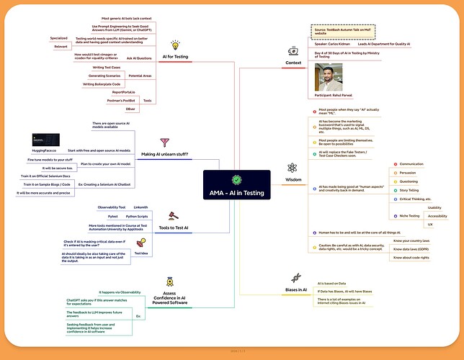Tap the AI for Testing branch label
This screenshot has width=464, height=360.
[175, 57]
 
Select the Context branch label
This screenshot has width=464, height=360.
[293, 63]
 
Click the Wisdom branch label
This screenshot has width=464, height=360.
[293, 179]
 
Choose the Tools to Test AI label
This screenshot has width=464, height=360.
[174, 228]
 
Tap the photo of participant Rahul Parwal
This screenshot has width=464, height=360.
[329, 77]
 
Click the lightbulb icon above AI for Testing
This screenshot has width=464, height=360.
[175, 45]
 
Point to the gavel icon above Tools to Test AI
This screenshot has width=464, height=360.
[174, 215]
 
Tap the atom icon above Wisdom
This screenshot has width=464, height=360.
[293, 167]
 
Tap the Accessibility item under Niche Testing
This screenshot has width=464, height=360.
[437, 215]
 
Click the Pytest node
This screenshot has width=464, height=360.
[112, 216]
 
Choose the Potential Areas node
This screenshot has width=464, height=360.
[140, 76]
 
